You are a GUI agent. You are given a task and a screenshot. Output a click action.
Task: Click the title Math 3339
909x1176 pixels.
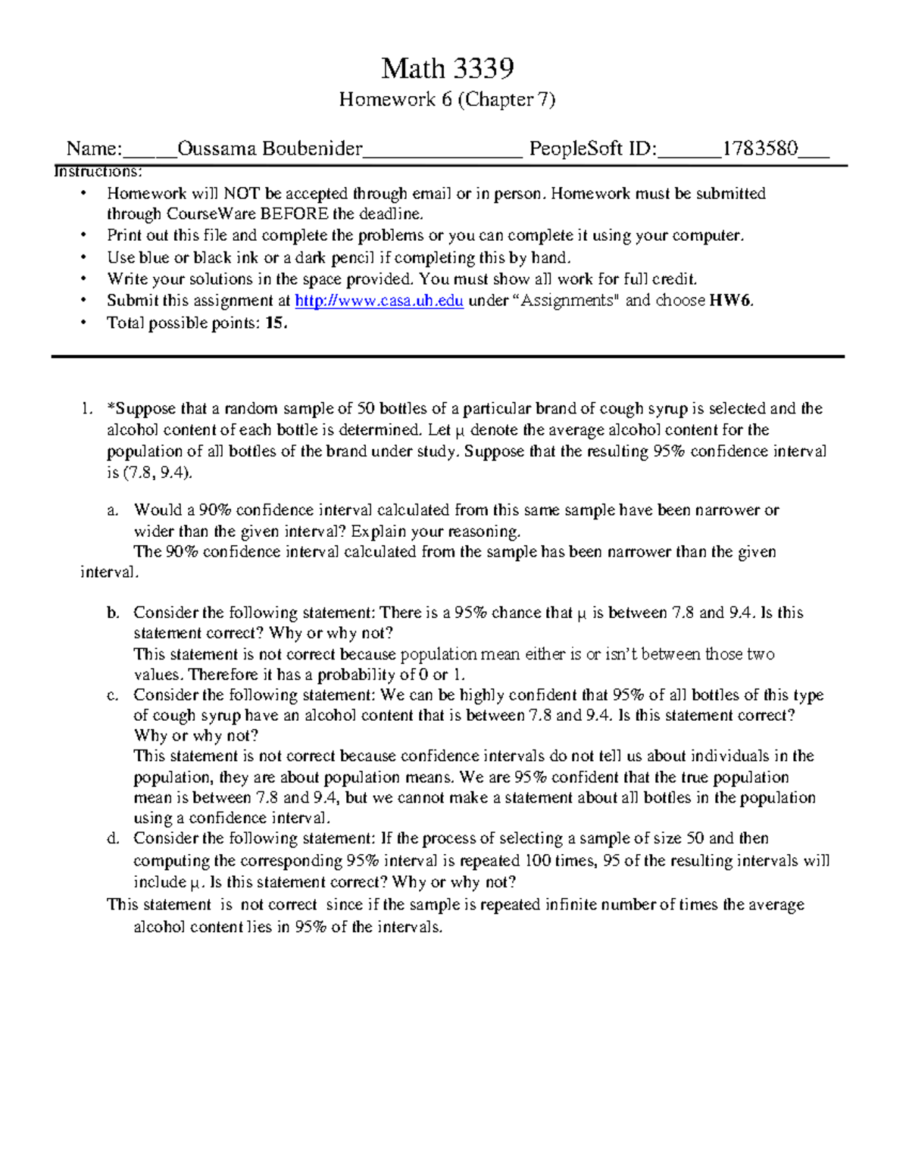(x=447, y=69)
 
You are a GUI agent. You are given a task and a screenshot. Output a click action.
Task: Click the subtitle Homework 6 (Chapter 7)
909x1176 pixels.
(x=447, y=99)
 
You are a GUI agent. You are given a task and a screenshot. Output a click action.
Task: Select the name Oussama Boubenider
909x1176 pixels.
(x=270, y=148)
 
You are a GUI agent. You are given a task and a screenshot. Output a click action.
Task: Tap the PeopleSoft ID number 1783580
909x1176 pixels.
(x=760, y=148)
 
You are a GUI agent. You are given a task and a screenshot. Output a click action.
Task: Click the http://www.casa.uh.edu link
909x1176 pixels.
(x=379, y=301)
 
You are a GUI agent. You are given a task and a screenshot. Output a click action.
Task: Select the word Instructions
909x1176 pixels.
(x=98, y=172)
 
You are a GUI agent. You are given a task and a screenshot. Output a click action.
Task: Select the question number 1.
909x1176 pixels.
(x=86, y=409)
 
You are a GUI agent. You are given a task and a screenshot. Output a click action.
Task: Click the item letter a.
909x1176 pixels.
(x=113, y=510)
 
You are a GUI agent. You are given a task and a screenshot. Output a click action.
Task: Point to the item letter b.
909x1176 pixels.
(x=113, y=613)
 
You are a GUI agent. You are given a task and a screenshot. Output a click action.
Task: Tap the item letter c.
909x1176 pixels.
(x=113, y=695)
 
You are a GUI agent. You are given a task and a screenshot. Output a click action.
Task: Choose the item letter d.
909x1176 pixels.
(x=113, y=838)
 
